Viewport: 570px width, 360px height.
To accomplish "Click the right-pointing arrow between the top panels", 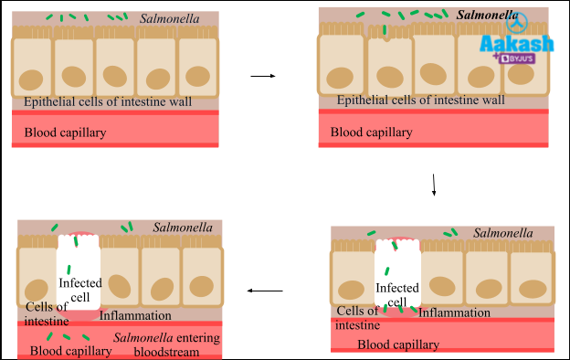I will click(x=262, y=76).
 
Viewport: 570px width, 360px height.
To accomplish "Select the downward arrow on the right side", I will click(x=434, y=185).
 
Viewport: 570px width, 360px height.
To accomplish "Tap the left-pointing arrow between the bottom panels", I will click(x=265, y=291).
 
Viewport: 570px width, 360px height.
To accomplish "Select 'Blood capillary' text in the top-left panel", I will click(x=65, y=132).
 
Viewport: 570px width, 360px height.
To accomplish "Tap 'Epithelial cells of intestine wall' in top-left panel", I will click(x=108, y=101).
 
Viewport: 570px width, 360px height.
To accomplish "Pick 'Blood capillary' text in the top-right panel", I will click(x=371, y=132).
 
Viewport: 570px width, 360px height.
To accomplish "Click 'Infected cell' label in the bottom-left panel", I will click(x=79, y=289).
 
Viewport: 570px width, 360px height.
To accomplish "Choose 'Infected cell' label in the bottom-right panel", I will click(x=397, y=295).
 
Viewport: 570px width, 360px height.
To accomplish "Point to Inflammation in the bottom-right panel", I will click(x=454, y=312).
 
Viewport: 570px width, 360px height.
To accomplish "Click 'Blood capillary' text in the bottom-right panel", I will click(x=397, y=344).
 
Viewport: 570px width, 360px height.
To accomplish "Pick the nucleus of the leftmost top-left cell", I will click(x=34, y=79).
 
